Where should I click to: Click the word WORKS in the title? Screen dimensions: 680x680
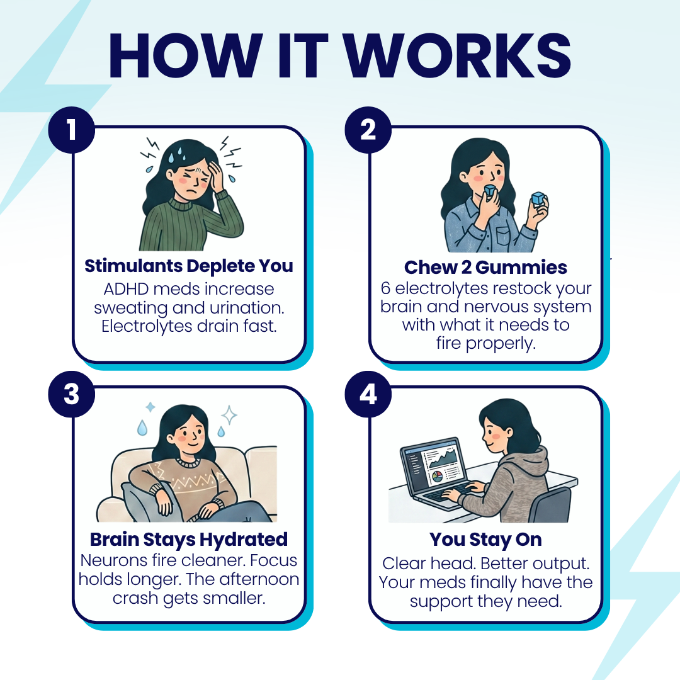[x=458, y=56]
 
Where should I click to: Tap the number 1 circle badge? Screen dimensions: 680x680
[x=72, y=130]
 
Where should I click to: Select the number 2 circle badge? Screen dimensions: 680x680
[x=368, y=130]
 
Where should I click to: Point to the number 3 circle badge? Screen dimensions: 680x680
[x=72, y=394]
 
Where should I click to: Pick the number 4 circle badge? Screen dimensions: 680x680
[x=368, y=394]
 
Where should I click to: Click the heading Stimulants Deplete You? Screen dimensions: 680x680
[x=189, y=266]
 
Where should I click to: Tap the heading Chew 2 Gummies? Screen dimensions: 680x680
[x=485, y=268]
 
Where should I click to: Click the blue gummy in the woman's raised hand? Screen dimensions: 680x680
[x=538, y=199]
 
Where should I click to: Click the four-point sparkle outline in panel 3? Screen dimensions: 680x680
[x=229, y=415]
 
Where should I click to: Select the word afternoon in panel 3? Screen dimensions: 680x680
[x=259, y=579]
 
